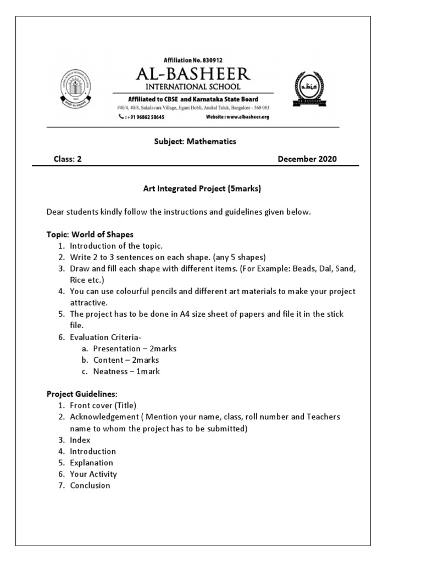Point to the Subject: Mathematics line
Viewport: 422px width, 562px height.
195,142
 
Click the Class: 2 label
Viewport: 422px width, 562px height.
67,159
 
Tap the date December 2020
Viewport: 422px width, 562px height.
307,159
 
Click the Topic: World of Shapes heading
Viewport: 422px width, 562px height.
90,234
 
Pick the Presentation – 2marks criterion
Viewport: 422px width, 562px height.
135,349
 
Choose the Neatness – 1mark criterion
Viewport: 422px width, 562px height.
126,372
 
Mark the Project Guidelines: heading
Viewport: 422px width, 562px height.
82,394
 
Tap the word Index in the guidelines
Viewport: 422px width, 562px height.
80,440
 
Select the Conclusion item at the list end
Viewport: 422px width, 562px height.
90,485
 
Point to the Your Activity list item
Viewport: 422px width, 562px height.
93,474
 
